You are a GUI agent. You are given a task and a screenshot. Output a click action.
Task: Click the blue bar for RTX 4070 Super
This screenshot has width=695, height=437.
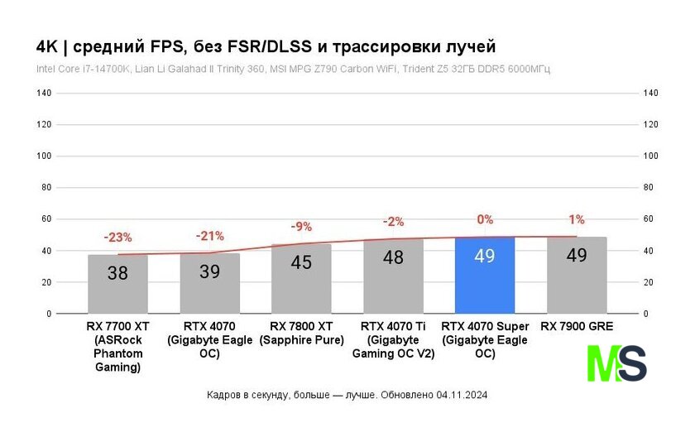pos(485,276)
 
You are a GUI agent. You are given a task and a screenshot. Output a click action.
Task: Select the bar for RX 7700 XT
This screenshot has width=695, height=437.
pos(118,284)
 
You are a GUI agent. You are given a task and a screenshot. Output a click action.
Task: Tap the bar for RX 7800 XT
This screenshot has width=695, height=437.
pos(301,279)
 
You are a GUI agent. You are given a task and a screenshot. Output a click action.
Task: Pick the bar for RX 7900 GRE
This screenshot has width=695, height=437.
pos(577,276)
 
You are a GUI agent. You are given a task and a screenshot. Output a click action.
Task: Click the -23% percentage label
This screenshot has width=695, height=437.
pos(117,238)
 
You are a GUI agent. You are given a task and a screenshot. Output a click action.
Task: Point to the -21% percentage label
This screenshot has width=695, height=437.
pos(209,236)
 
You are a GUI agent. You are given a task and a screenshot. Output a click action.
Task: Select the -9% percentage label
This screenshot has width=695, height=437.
pos(301,226)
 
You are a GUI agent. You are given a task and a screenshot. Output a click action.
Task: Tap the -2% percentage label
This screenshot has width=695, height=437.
pos(393,222)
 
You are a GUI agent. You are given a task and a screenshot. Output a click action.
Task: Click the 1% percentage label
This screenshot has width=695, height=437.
pos(577,219)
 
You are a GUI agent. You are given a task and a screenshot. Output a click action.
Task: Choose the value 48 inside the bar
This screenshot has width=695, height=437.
pos(393,257)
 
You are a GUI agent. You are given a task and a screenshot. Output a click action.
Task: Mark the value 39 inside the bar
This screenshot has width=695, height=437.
pos(209,271)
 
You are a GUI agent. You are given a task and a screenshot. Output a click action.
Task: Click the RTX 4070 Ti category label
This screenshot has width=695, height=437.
pos(393,340)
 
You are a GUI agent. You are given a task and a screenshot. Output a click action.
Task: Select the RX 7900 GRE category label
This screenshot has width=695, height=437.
pos(577,327)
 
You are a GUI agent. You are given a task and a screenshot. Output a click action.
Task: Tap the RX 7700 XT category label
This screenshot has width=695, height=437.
pos(118,347)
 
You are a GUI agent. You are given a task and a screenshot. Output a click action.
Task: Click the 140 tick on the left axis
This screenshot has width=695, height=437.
pos(44,94)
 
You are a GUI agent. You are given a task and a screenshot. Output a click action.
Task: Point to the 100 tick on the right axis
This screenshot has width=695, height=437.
pos(650,156)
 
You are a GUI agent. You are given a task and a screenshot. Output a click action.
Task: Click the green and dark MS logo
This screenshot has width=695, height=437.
pos(616,363)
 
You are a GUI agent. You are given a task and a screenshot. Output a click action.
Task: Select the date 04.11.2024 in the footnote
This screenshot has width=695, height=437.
pos(463,395)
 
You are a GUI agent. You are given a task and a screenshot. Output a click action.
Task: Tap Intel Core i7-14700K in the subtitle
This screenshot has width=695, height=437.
pos(82,69)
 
